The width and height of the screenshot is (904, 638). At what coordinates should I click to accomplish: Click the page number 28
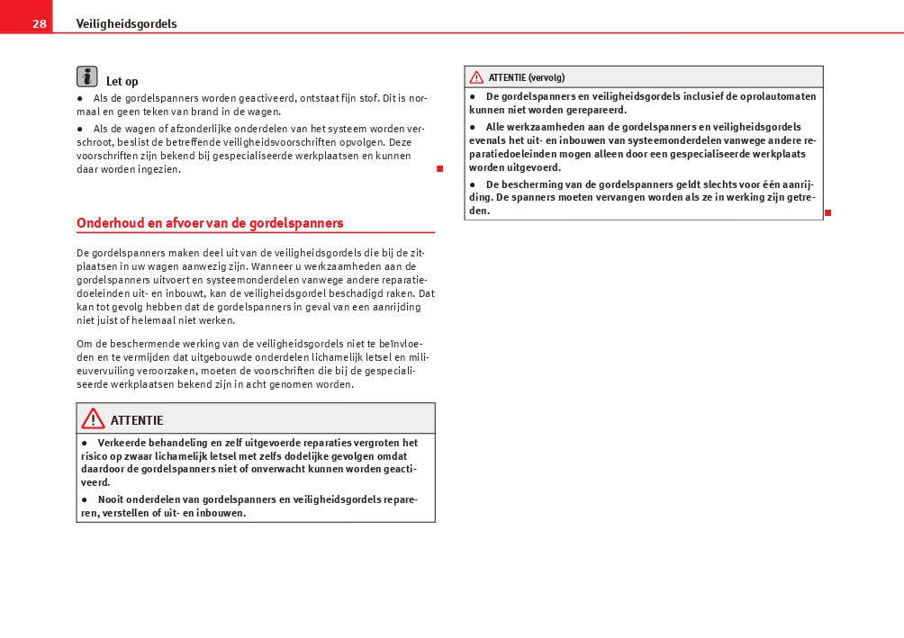[40, 24]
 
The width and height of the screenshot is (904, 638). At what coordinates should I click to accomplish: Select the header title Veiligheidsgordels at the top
[126, 24]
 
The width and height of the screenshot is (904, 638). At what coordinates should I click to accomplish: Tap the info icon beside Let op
[87, 76]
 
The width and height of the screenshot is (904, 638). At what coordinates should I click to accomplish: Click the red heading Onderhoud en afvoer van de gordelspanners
[210, 223]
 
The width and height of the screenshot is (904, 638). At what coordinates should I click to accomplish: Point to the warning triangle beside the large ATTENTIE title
[93, 418]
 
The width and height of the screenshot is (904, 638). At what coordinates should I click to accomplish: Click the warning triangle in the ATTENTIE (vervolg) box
[476, 77]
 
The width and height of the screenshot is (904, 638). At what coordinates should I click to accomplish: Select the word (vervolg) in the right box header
[547, 77]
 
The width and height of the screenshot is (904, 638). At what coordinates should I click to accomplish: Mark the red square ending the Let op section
[439, 169]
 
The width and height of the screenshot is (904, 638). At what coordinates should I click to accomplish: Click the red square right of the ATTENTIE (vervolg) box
[827, 212]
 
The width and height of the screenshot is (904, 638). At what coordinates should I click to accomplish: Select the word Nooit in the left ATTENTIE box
[113, 499]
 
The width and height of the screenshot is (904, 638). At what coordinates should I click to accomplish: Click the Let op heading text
[122, 82]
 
